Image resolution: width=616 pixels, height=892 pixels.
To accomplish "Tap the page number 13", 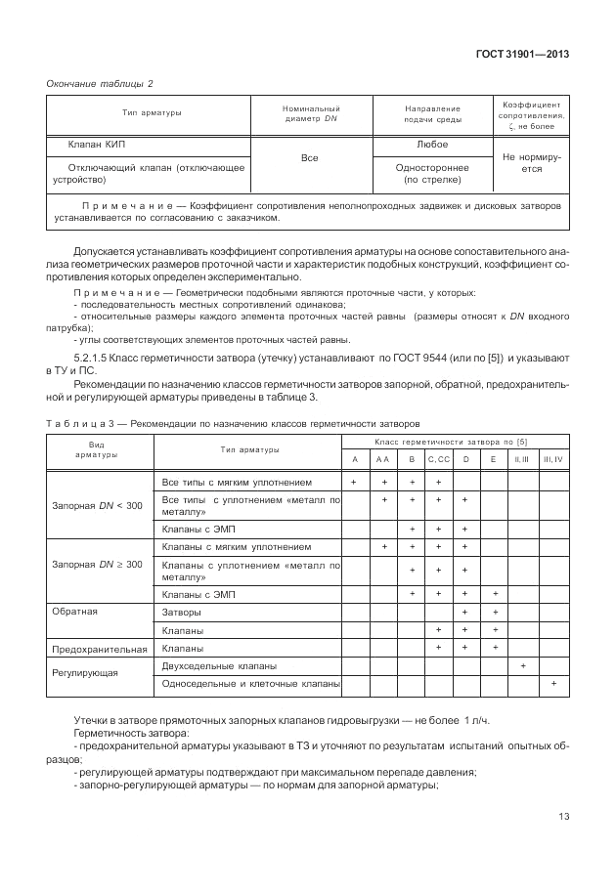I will (563, 816).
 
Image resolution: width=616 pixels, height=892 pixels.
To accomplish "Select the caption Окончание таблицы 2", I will (101, 85).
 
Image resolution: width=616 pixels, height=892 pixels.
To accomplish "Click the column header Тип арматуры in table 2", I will (152, 113).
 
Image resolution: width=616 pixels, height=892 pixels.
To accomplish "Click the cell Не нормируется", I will (529, 162).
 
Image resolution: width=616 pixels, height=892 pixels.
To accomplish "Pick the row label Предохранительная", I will (100, 648).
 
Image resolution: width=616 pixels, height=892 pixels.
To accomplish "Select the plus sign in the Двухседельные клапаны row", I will (524, 665).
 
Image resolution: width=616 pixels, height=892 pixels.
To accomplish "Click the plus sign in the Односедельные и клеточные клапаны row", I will (553, 684).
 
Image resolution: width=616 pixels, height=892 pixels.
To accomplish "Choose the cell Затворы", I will (182, 612).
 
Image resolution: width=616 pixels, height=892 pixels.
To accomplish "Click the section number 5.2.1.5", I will (93, 358).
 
